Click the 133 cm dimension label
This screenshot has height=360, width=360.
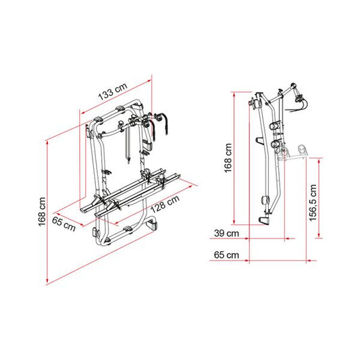click(113, 92)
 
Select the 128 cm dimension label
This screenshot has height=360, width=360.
click(165, 204)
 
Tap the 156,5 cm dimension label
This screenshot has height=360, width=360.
click(313, 203)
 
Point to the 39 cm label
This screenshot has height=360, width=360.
click(226, 233)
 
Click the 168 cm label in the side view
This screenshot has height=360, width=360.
click(228, 158)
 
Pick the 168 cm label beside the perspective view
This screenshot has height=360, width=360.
click(42, 211)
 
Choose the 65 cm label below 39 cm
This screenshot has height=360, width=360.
click(226, 255)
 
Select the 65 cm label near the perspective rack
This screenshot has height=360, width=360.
click(63, 223)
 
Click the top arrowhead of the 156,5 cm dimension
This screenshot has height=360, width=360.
click(319, 161)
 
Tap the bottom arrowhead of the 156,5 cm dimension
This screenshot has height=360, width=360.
click(319, 235)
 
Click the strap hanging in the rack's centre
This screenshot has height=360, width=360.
click(128, 145)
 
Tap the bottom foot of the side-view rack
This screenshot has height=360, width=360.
click(265, 220)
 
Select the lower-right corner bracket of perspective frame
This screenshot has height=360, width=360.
click(151, 224)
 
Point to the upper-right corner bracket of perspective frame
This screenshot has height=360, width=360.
click(137, 106)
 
